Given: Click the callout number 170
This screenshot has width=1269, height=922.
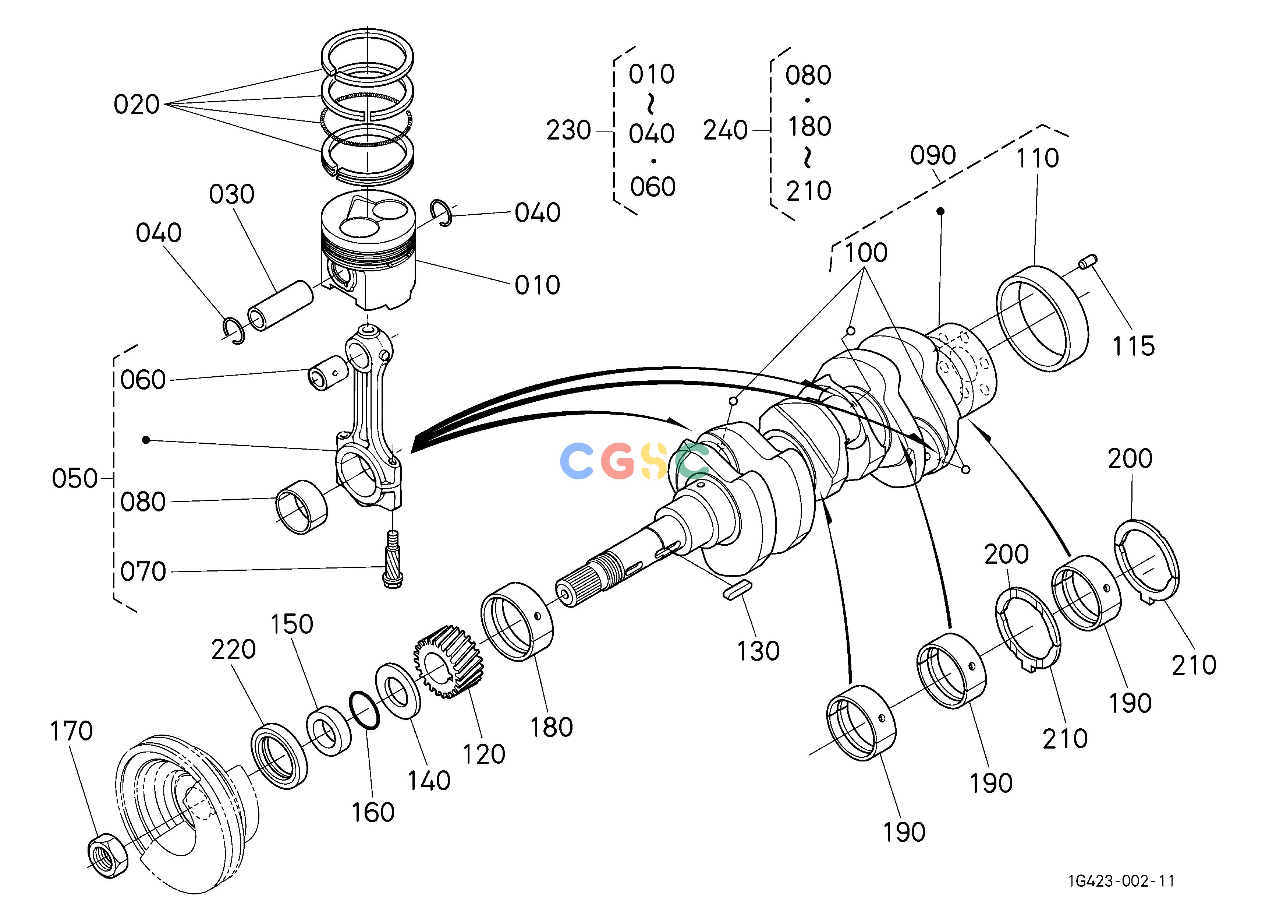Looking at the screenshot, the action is pyautogui.click(x=71, y=732).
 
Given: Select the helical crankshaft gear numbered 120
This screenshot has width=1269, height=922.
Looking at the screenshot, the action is pyautogui.click(x=447, y=662).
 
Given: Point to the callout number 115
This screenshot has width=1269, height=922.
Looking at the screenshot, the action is pyautogui.click(x=1133, y=346).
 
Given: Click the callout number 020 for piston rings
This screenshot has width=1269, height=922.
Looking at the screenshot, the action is pyautogui.click(x=137, y=105).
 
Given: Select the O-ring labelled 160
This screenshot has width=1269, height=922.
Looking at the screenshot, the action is pyautogui.click(x=364, y=711).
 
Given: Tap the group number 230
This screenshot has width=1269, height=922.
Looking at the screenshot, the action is pyautogui.click(x=568, y=130).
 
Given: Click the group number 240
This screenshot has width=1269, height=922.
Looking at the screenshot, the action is pyautogui.click(x=725, y=130).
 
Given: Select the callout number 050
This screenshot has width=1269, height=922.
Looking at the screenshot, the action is pyautogui.click(x=74, y=479).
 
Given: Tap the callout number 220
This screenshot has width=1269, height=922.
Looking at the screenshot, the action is pyautogui.click(x=233, y=650).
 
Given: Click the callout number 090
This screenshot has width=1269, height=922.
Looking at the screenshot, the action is pyautogui.click(x=933, y=155).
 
